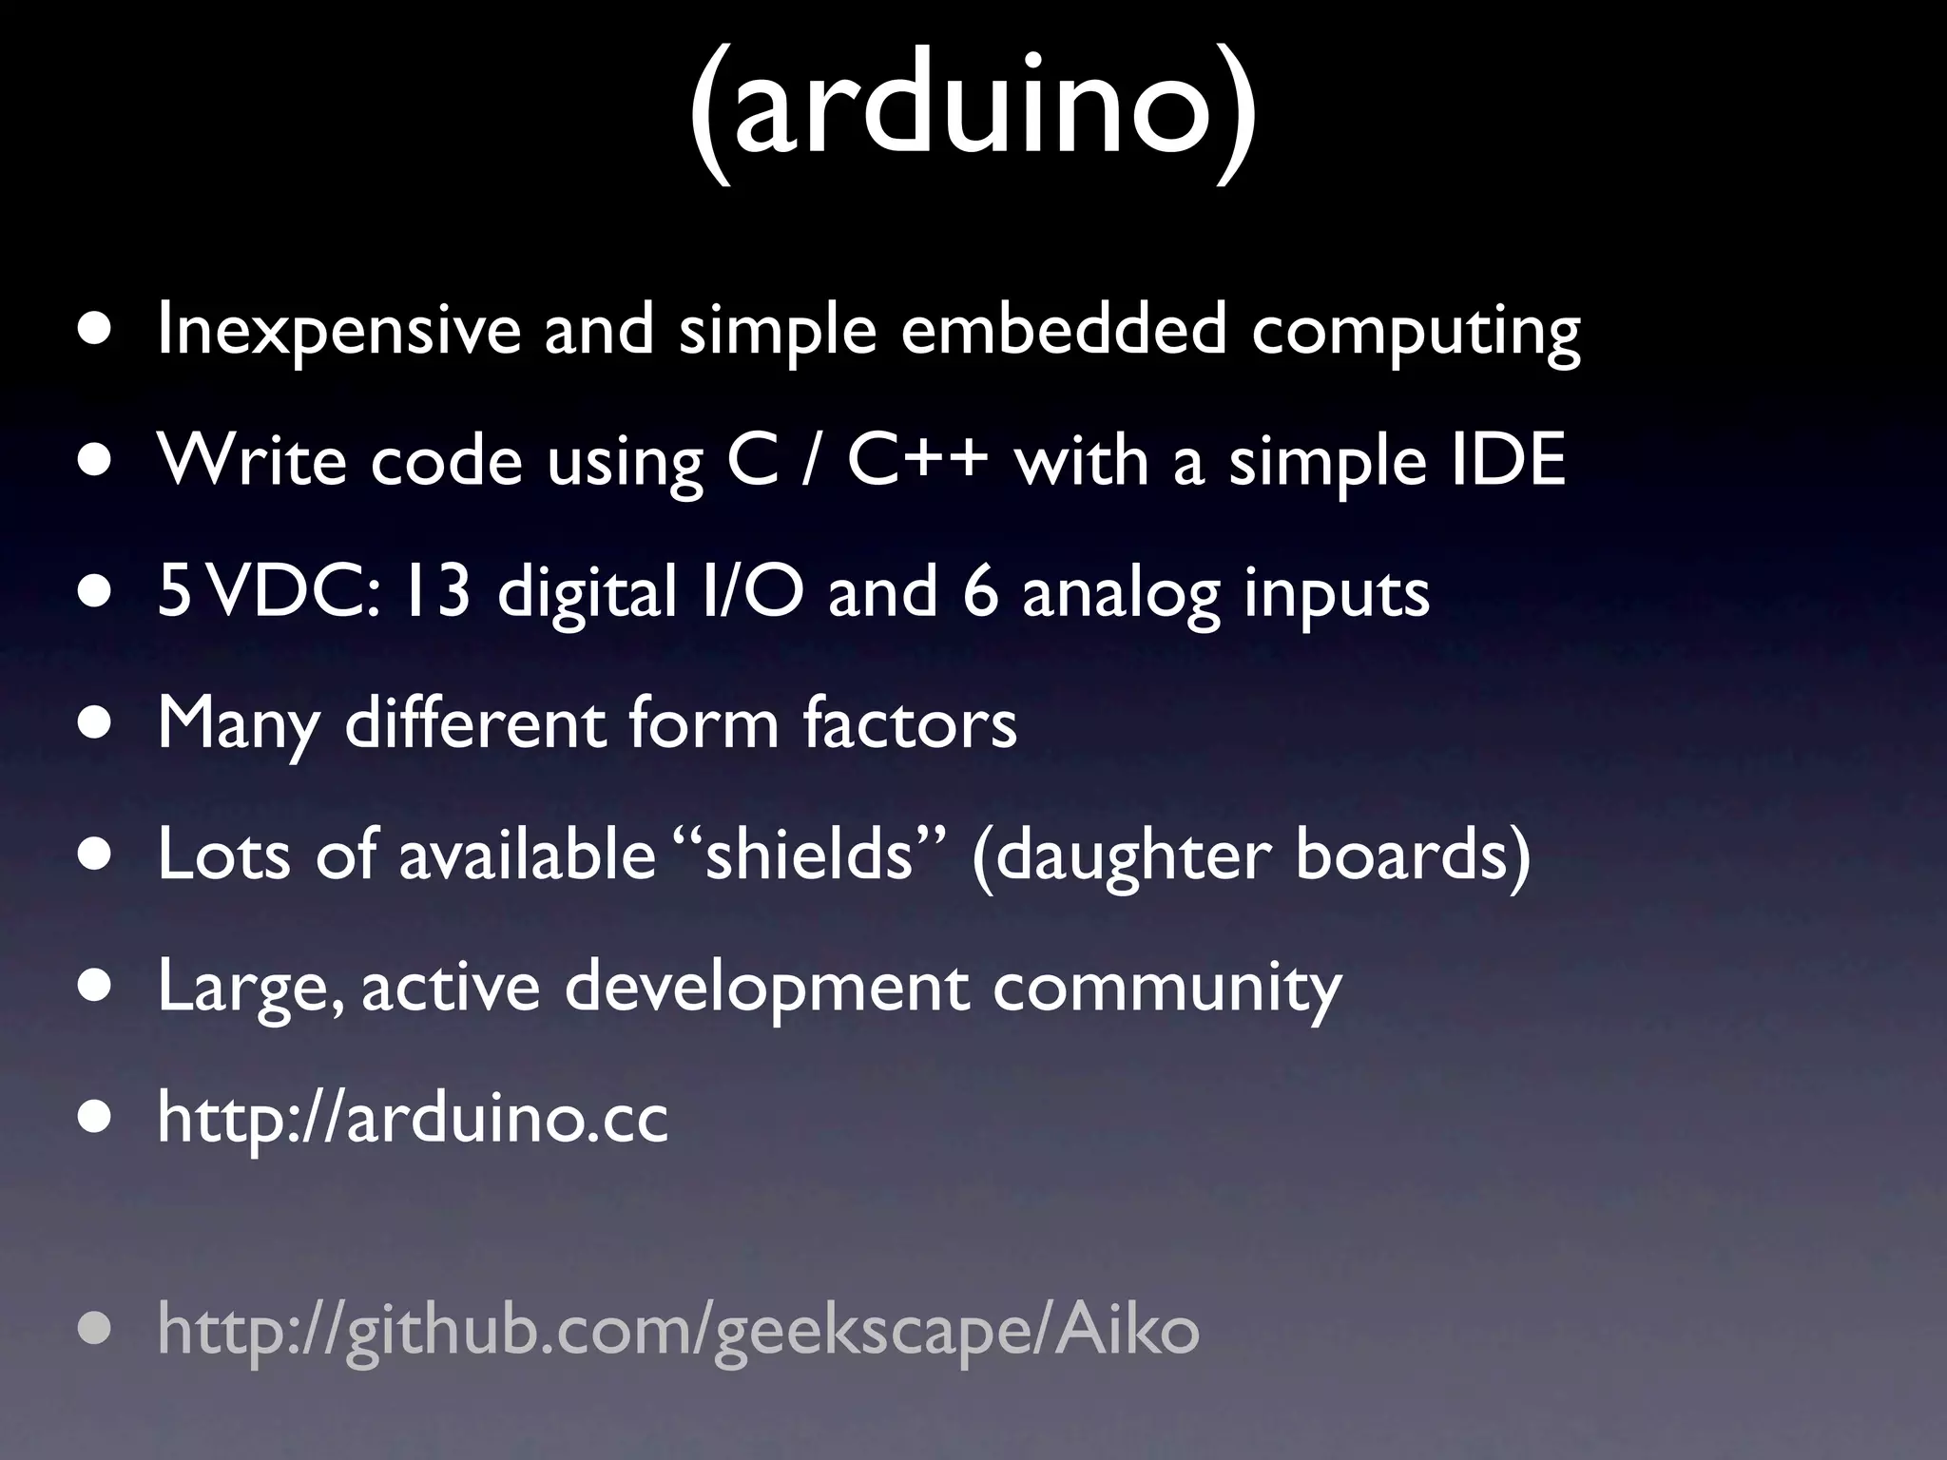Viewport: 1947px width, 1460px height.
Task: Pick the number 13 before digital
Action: tap(436, 591)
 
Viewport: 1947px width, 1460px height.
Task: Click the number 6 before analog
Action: tap(980, 591)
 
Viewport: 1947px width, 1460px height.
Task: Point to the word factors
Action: tap(910, 722)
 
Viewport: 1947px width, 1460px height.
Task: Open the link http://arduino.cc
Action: tap(413, 1118)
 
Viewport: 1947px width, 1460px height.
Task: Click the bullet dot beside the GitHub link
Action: tap(94, 1329)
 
